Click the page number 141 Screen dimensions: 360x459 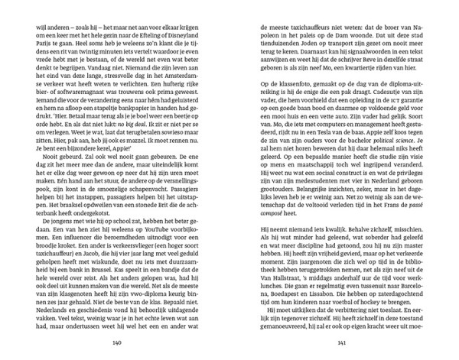[337, 343]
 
